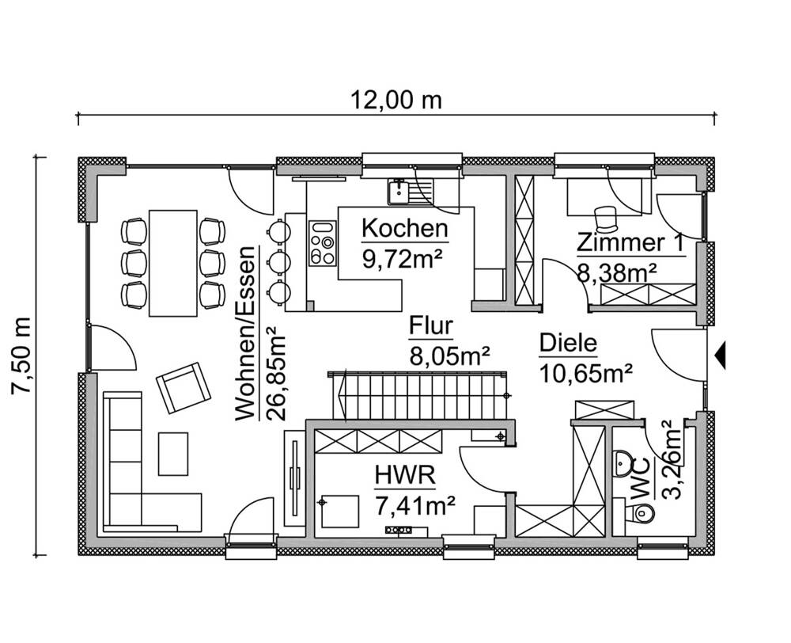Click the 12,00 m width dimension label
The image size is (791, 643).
click(396, 101)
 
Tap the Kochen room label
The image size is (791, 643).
click(405, 230)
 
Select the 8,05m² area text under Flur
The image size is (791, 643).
click(448, 353)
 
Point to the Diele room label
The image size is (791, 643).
click(567, 344)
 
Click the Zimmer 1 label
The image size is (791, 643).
click(630, 242)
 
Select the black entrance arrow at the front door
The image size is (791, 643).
click(720, 356)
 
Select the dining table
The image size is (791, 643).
click(173, 261)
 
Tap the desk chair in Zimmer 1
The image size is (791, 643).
click(605, 215)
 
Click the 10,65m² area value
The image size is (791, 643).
click(586, 372)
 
